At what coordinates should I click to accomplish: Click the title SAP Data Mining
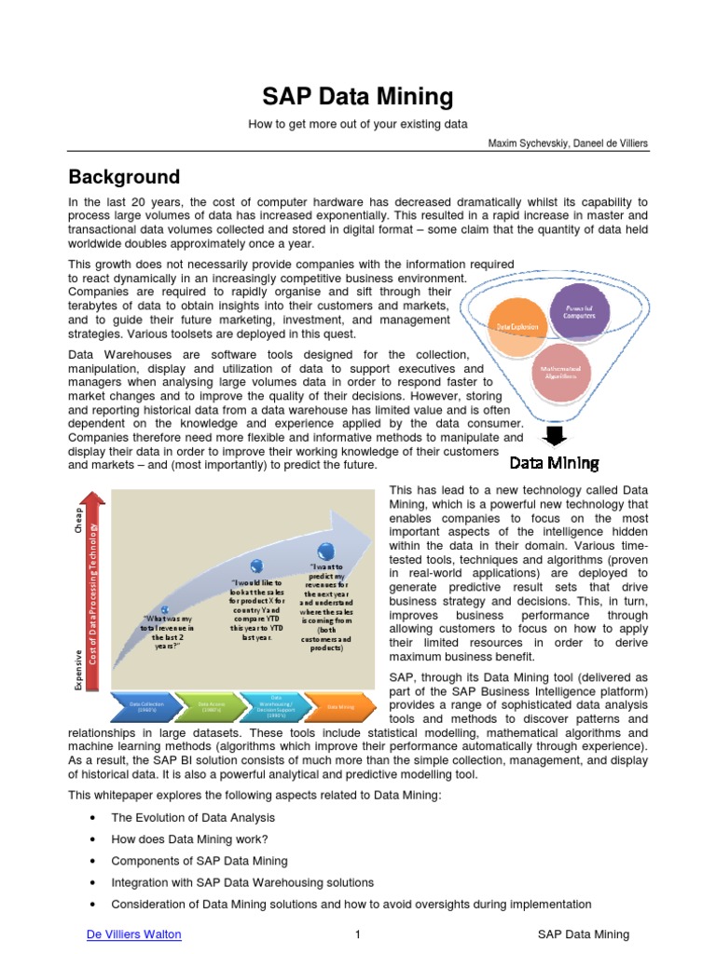click(357, 96)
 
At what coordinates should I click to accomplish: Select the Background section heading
click(124, 177)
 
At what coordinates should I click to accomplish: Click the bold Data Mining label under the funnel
click(554, 463)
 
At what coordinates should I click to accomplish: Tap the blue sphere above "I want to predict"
click(325, 551)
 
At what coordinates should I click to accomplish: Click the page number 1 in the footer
click(358, 934)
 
